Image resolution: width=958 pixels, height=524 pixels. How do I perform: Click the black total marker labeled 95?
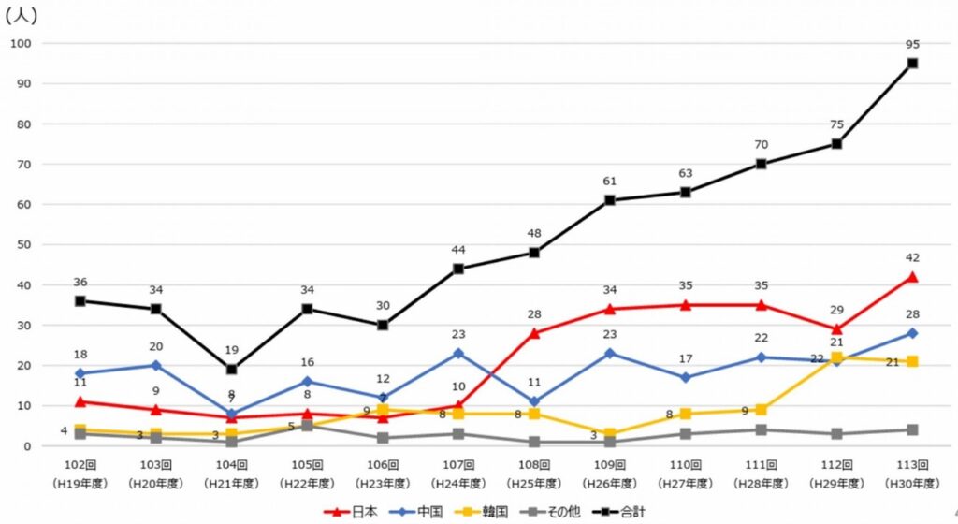[912, 64]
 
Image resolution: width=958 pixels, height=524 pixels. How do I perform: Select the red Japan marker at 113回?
[912, 277]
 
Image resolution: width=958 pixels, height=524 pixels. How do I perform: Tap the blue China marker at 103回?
[155, 365]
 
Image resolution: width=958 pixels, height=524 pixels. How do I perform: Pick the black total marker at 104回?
[231, 370]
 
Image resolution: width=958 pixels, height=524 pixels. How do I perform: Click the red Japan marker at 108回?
[534, 333]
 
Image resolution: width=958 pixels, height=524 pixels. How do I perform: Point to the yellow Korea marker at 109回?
[610, 434]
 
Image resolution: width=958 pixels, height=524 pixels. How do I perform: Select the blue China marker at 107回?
[458, 354]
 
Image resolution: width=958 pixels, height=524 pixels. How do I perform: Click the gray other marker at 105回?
[307, 426]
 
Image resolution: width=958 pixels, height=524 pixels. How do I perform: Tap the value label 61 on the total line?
[609, 181]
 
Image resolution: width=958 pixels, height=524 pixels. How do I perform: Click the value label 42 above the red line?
[912, 257]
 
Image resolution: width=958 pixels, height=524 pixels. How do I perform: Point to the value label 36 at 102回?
[80, 282]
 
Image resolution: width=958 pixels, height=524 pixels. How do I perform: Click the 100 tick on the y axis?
[21, 44]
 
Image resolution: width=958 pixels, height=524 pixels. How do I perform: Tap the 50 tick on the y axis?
[23, 245]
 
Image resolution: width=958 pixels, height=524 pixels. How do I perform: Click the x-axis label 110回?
[685, 465]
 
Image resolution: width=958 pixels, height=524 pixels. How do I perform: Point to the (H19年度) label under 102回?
[80, 483]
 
